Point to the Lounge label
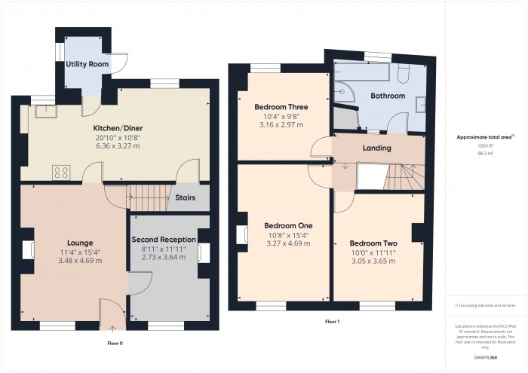(80, 242)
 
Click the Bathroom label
(387, 96)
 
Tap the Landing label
(376, 148)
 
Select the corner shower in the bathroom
(343, 90)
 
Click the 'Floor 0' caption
(115, 341)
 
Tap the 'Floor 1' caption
(332, 322)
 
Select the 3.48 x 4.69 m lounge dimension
(80, 260)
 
